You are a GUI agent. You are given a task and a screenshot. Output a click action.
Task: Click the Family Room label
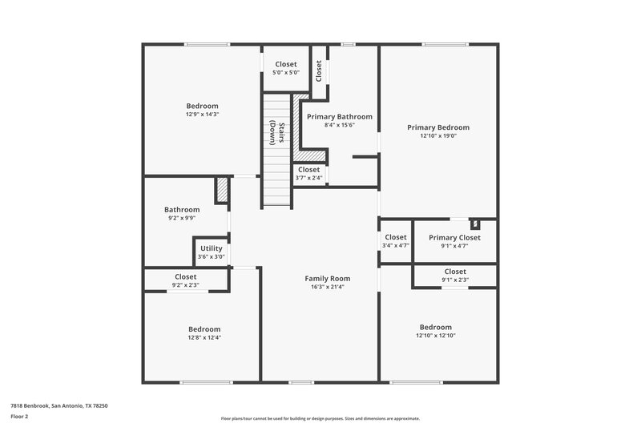(x=328, y=279)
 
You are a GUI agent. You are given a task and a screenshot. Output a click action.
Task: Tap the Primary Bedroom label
(x=438, y=127)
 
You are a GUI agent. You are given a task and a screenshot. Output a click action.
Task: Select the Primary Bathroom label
(x=340, y=116)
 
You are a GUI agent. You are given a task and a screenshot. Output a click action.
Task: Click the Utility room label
(x=212, y=248)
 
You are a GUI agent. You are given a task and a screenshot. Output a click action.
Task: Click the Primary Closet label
(x=454, y=237)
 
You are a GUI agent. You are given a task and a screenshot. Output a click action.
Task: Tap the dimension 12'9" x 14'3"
(x=202, y=115)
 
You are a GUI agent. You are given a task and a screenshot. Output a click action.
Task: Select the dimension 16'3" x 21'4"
(x=328, y=287)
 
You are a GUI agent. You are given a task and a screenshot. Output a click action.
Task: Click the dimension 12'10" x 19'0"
(x=438, y=136)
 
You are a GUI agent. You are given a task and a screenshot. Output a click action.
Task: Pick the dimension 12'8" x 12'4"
(x=204, y=337)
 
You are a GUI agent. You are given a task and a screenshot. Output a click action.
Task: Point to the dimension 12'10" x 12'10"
(x=436, y=336)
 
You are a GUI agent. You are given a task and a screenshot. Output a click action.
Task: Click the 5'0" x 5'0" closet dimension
(x=286, y=73)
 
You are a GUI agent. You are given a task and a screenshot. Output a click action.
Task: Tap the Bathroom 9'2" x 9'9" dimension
(x=182, y=218)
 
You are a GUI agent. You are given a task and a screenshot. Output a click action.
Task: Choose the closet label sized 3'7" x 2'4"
(x=308, y=170)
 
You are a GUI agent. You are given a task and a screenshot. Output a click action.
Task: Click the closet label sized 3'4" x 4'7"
(x=396, y=237)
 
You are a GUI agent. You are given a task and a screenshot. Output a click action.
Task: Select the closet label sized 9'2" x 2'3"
(x=186, y=277)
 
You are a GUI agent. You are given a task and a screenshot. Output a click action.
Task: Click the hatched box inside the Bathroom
(x=222, y=190)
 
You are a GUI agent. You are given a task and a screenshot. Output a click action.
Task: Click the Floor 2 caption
(x=19, y=417)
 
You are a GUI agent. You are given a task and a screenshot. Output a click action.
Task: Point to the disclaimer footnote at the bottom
(x=320, y=418)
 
